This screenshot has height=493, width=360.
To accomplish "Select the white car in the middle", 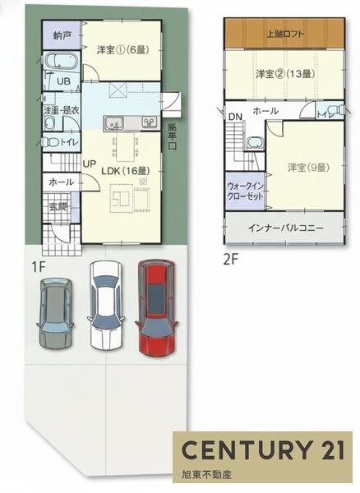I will click(x=104, y=304).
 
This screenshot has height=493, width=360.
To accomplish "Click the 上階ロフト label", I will click(x=282, y=35).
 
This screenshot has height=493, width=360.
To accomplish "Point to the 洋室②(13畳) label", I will click(x=284, y=74).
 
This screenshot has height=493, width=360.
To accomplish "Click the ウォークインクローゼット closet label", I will click(x=244, y=191).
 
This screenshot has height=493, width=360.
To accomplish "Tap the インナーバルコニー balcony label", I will click(x=285, y=228).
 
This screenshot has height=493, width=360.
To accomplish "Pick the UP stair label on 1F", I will click(x=89, y=163).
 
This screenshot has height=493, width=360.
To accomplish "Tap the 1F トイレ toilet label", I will click(x=67, y=142).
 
